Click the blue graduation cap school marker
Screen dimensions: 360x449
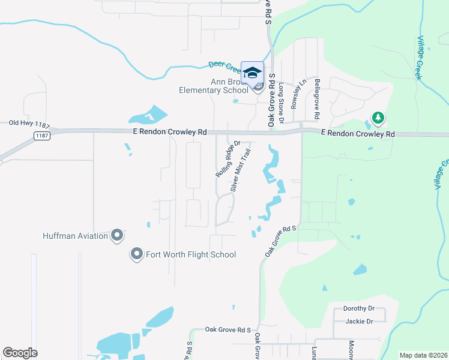tap(253, 73)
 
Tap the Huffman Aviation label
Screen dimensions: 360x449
tap(75, 236)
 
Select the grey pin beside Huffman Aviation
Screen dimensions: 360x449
tap(117, 235)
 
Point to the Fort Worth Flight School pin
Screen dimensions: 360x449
tap(137, 254)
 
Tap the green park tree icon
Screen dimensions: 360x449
tap(378, 117)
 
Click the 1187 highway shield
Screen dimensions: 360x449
tap(41, 136)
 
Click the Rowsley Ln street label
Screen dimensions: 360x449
tap(295, 93)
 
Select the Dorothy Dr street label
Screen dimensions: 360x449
tap(358, 308)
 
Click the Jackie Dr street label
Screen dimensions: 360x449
tap(360, 321)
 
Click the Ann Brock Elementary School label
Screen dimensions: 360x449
tap(213, 86)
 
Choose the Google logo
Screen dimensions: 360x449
tap(20, 353)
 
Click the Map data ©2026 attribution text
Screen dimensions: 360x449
tap(423, 355)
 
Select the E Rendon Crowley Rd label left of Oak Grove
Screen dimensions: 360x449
tap(170, 131)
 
